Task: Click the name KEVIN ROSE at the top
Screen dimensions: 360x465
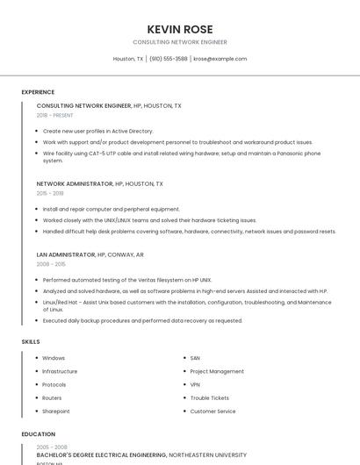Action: [179, 29]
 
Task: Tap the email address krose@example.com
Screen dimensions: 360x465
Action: [220, 59]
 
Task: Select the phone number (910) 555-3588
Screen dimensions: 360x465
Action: [169, 59]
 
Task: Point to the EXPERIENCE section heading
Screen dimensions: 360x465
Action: [38, 91]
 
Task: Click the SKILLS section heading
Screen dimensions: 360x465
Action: [31, 340]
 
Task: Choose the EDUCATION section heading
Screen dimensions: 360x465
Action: [38, 433]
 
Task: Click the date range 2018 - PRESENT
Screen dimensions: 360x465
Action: [54, 115]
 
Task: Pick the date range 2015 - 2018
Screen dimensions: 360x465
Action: [50, 193]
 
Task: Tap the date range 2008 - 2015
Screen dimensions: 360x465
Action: [50, 263]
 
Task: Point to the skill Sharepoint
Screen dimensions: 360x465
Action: [55, 411]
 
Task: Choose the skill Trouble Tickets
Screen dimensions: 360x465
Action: [209, 397]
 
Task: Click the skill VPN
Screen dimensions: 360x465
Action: [195, 384]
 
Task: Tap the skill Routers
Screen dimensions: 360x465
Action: [52, 397]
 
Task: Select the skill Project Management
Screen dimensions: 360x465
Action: [217, 371]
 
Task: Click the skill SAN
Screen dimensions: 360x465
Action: [195, 358]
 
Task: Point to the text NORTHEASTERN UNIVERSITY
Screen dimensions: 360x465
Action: [207, 455]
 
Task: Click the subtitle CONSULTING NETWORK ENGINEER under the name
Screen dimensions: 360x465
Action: [179, 41]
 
